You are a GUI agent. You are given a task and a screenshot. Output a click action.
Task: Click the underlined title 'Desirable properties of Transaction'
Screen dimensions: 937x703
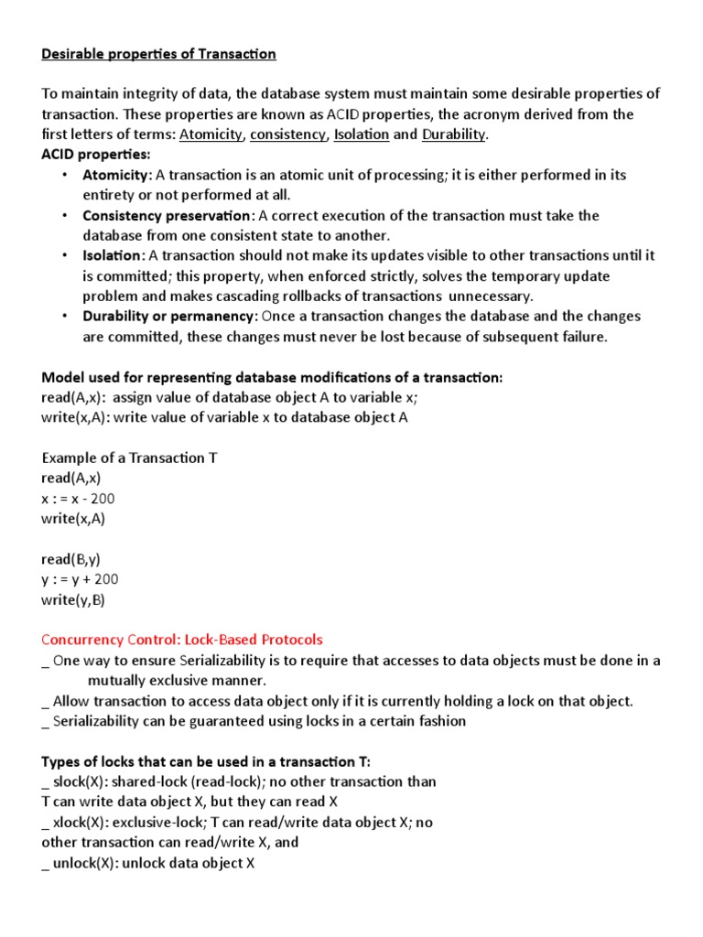coord(158,54)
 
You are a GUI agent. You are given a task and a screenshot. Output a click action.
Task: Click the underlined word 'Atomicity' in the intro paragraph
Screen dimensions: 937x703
coord(211,135)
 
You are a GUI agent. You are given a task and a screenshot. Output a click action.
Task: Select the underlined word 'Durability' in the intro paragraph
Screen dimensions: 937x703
coord(454,135)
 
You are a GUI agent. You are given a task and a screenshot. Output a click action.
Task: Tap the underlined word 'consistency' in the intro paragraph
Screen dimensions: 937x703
coord(287,135)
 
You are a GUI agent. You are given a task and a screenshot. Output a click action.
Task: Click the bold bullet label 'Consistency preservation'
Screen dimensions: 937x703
coord(167,215)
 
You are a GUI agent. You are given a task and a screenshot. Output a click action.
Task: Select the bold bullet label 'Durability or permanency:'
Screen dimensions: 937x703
coord(170,316)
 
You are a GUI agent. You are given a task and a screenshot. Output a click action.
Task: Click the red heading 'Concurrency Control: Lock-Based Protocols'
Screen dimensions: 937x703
coord(182,640)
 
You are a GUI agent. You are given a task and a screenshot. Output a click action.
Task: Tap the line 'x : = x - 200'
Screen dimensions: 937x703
coord(79,498)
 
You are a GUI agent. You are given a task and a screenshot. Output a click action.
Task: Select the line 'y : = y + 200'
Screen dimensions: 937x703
coord(81,579)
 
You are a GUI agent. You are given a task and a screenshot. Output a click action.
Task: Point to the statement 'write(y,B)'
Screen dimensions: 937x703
coord(73,599)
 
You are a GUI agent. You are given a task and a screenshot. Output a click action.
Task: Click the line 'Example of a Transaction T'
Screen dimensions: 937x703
coord(129,458)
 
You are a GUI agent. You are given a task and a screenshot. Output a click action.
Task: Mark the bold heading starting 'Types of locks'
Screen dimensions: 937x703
coord(205,761)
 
